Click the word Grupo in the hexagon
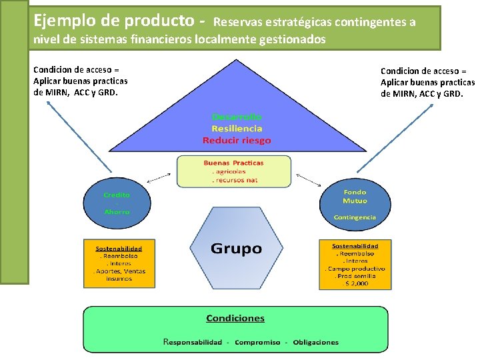pyautogui.click(x=236, y=249)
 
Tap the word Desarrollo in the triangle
pyautogui.click(x=237, y=117)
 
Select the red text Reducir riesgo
pyautogui.click(x=237, y=141)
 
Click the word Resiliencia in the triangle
pyautogui.click(x=237, y=129)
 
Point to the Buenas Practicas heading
pyautogui.click(x=233, y=163)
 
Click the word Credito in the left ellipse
pyautogui.click(x=117, y=195)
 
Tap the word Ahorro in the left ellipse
pyautogui.click(x=117, y=211)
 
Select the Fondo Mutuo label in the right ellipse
pyautogui.click(x=355, y=196)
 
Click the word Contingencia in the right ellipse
pyautogui.click(x=355, y=217)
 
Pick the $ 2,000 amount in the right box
pyautogui.click(x=355, y=283)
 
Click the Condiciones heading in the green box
pyautogui.click(x=235, y=319)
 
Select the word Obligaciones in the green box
pyautogui.click(x=315, y=342)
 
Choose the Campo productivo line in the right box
pyautogui.click(x=355, y=269)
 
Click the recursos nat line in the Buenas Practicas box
pyautogui.click(x=234, y=181)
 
